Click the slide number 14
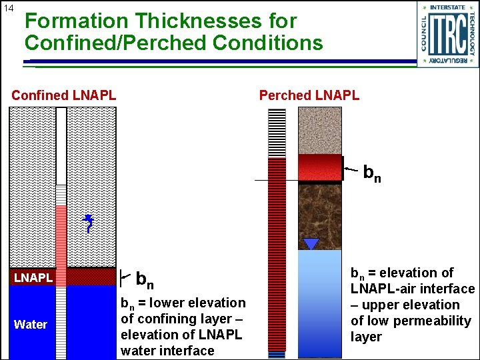(9, 8)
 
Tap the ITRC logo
(448, 34)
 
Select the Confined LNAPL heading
(64, 95)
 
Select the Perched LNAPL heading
(309, 95)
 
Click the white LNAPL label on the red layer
(33, 277)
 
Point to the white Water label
(31, 325)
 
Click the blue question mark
(89, 224)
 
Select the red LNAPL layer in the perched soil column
(320, 167)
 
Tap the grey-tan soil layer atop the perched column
(320, 130)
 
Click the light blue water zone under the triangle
(320, 300)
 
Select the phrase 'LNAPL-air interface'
(413, 289)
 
